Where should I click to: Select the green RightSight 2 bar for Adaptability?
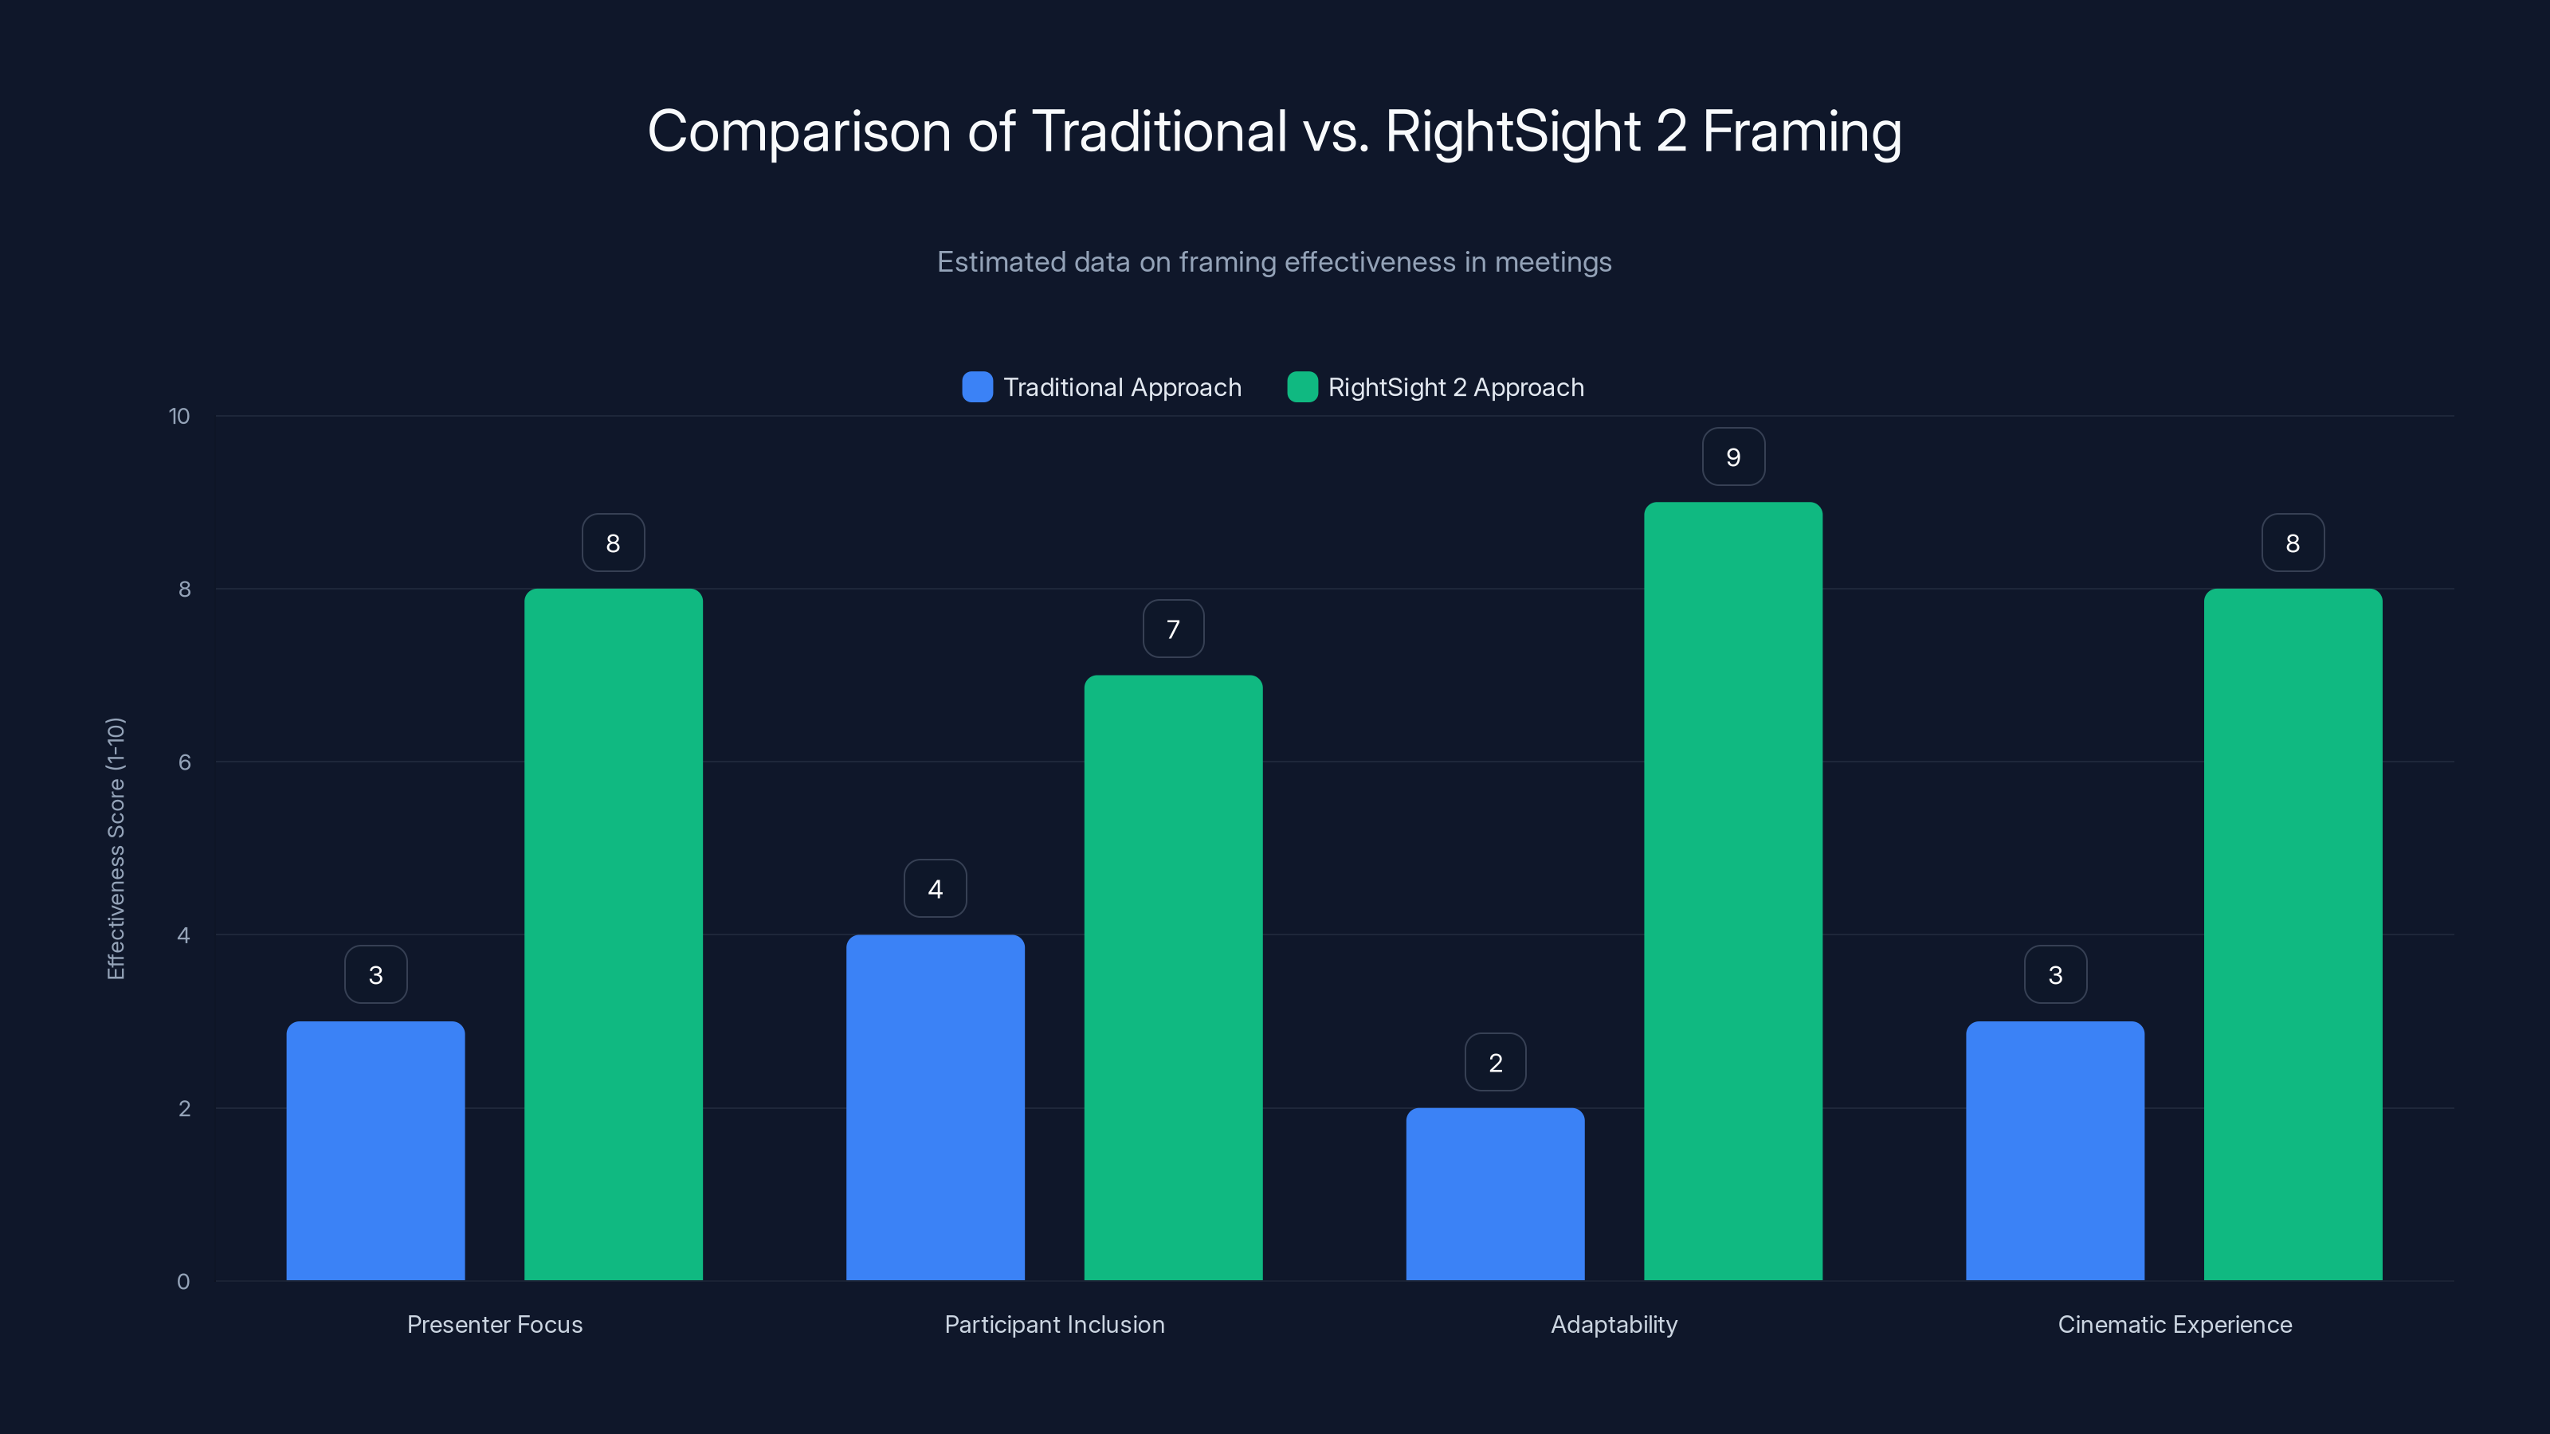click(x=1732, y=891)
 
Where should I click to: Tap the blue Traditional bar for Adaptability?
click(x=1495, y=1193)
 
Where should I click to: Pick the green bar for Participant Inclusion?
click(x=1173, y=978)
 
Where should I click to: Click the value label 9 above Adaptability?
click(x=1732, y=457)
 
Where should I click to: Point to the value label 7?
click(x=1173, y=629)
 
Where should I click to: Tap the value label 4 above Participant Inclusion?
click(x=935, y=889)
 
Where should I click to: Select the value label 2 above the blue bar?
click(x=1495, y=1063)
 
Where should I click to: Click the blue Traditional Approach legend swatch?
click(x=977, y=387)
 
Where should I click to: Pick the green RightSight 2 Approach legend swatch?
click(x=1302, y=387)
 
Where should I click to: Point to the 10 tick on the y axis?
click(x=179, y=417)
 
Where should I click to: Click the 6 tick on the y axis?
click(x=184, y=762)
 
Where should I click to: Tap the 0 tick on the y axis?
click(x=183, y=1282)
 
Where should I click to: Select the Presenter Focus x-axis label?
click(x=495, y=1324)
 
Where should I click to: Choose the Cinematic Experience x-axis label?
click(x=2175, y=1324)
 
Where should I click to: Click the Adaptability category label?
click(x=1614, y=1324)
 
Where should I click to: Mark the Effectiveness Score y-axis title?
click(x=116, y=848)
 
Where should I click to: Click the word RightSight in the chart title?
click(x=1512, y=131)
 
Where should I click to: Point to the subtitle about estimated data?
click(x=1274, y=262)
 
